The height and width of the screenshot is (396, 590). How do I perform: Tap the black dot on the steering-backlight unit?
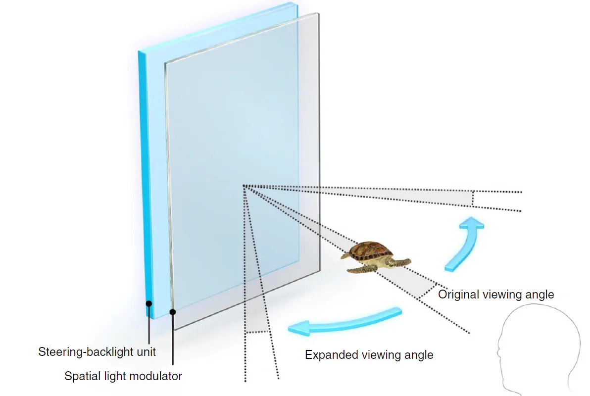(149, 303)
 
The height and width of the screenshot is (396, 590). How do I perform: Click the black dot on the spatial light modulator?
(173, 312)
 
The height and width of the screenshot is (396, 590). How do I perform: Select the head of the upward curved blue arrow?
(472, 223)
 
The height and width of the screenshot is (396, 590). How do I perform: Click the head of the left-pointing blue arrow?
(299, 328)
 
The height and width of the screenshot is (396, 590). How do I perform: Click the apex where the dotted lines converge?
(244, 186)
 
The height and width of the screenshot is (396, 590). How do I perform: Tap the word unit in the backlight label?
(146, 352)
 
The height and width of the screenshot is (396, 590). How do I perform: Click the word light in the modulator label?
(115, 376)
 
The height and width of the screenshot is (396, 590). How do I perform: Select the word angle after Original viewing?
(539, 295)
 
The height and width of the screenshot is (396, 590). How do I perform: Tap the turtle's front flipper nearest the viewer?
(362, 269)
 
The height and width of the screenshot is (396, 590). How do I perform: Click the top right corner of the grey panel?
(318, 13)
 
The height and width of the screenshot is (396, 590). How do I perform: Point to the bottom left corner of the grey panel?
(175, 330)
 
